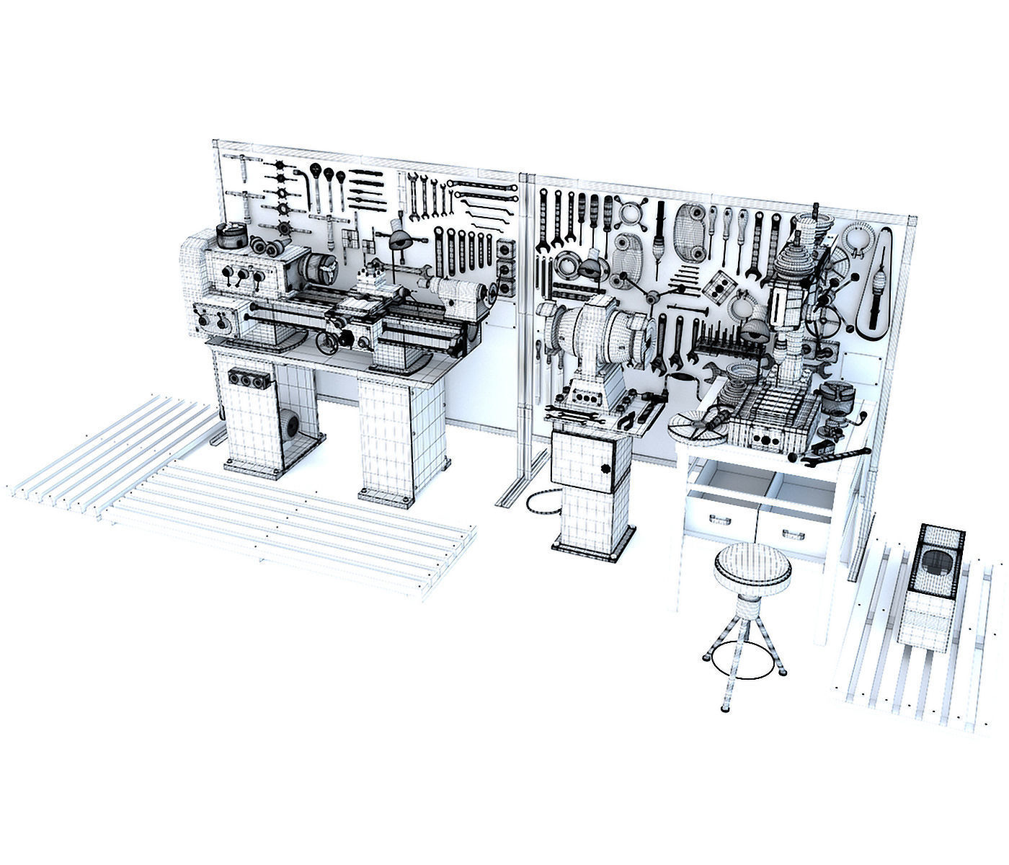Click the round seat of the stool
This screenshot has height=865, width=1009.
[752, 564]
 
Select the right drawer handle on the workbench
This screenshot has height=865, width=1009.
[791, 533]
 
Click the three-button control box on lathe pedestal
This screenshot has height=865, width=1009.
[249, 378]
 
